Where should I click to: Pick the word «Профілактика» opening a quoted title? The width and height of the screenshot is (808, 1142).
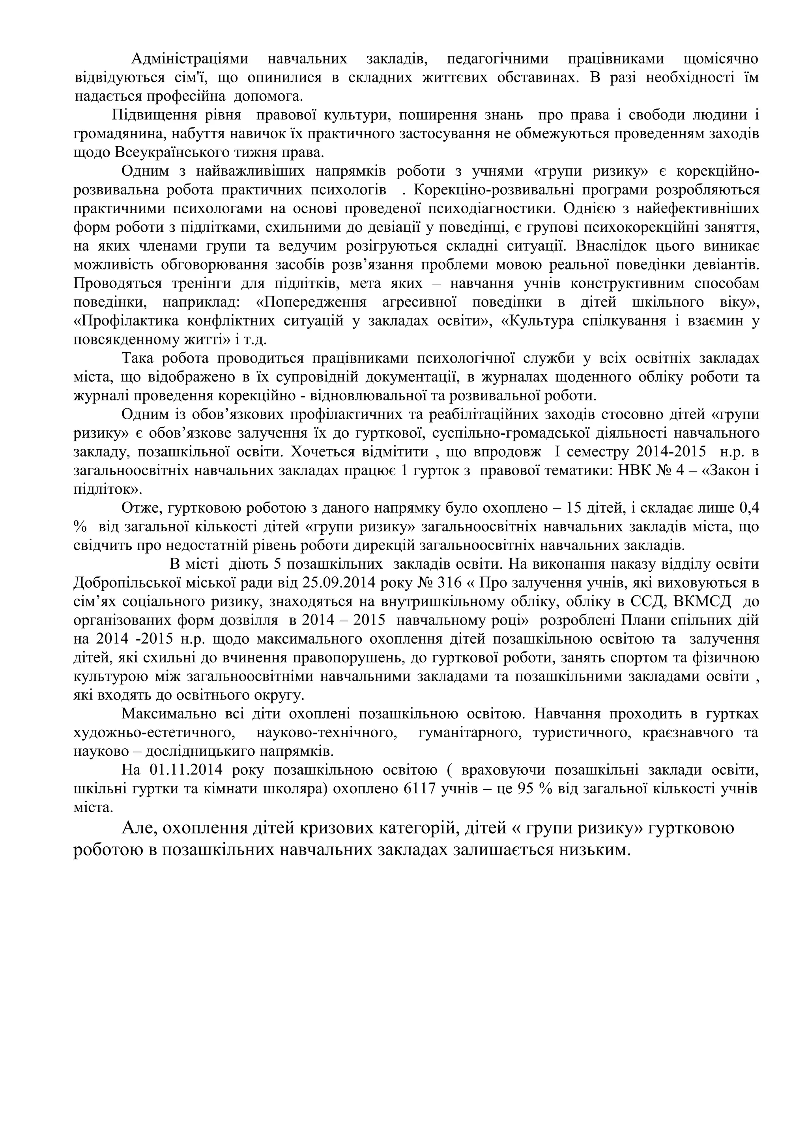(126, 321)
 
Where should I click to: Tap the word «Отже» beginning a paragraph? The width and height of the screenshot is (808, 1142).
(141, 508)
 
